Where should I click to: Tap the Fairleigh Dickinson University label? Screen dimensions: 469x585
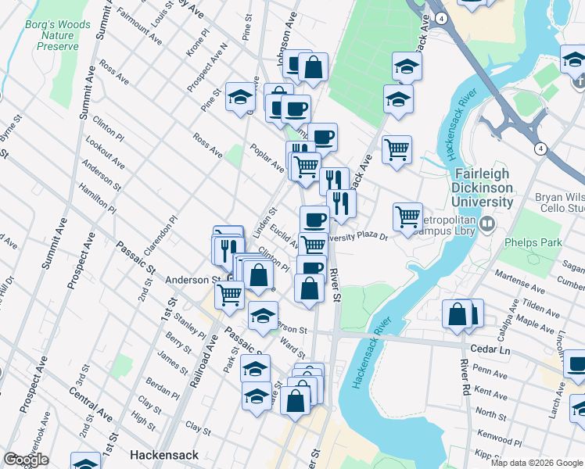(482, 188)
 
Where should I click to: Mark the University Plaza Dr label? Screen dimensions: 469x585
(358, 235)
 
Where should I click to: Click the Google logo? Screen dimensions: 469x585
(26, 460)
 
